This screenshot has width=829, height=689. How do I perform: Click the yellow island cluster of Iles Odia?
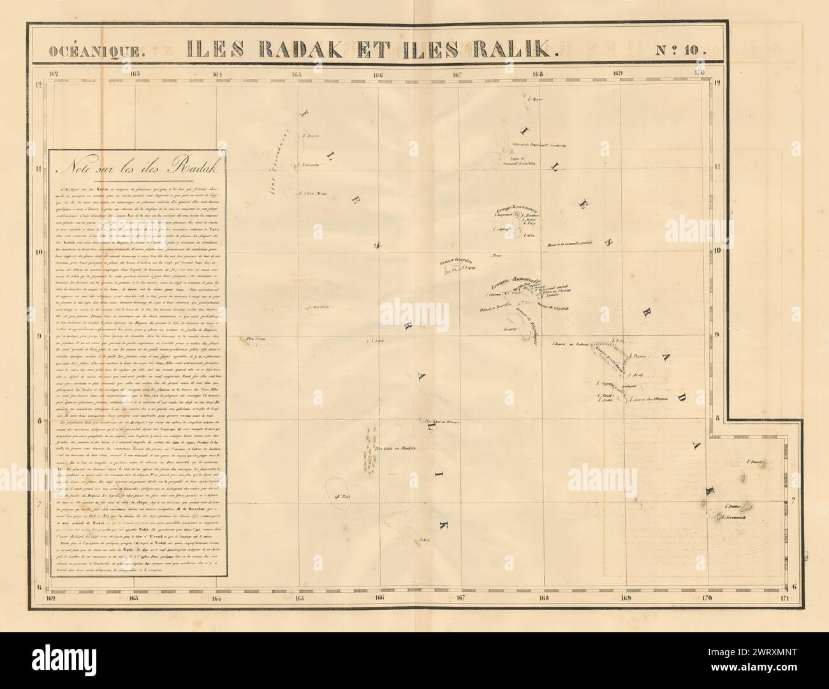point(370,446)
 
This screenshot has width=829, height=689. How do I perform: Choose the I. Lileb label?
point(378,340)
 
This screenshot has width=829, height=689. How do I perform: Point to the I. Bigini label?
point(312,136)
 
